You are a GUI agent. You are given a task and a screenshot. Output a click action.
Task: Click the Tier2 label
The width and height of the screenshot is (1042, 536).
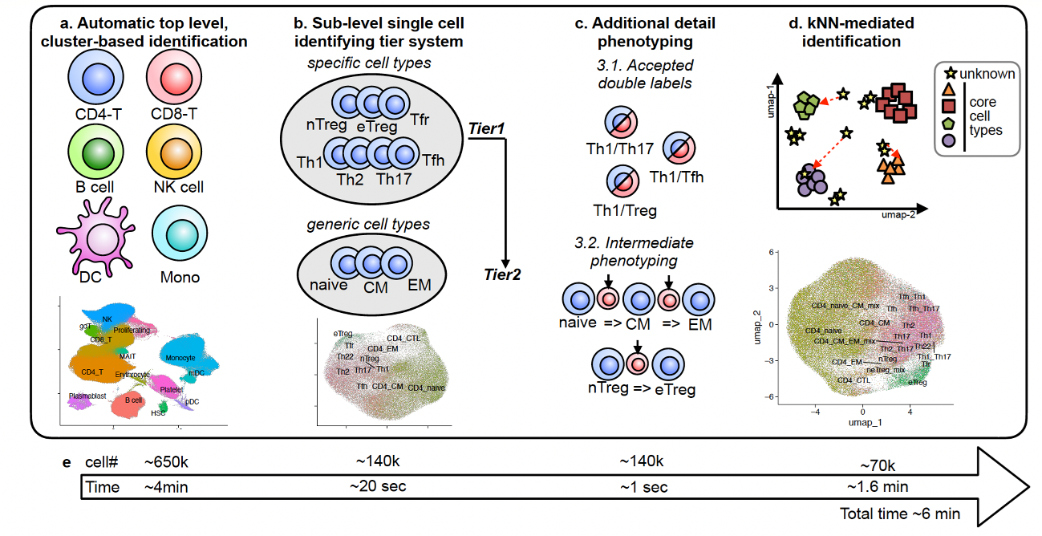pos(502,274)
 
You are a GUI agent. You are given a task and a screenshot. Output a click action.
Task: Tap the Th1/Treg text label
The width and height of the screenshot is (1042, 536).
pos(625,211)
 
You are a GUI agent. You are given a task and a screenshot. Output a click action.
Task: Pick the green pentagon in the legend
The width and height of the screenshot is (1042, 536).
pos(948,124)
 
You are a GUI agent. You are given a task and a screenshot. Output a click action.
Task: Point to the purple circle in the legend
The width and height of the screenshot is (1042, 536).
pos(948,140)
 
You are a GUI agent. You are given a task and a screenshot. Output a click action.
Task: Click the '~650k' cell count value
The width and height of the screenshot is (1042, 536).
pos(166,463)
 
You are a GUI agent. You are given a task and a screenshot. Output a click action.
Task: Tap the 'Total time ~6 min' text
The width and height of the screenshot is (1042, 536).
pos(899,514)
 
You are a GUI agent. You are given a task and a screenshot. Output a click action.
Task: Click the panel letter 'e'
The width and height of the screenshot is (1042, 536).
pos(67,463)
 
